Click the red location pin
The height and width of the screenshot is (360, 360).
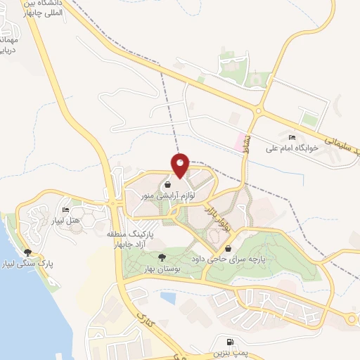180,164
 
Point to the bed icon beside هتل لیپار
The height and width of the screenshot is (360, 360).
66,210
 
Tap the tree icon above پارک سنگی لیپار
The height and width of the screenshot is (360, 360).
28,252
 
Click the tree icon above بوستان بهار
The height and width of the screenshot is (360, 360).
162,258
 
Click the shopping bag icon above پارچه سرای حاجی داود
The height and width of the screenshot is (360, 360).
229,248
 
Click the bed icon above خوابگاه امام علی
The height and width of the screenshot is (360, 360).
292,137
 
